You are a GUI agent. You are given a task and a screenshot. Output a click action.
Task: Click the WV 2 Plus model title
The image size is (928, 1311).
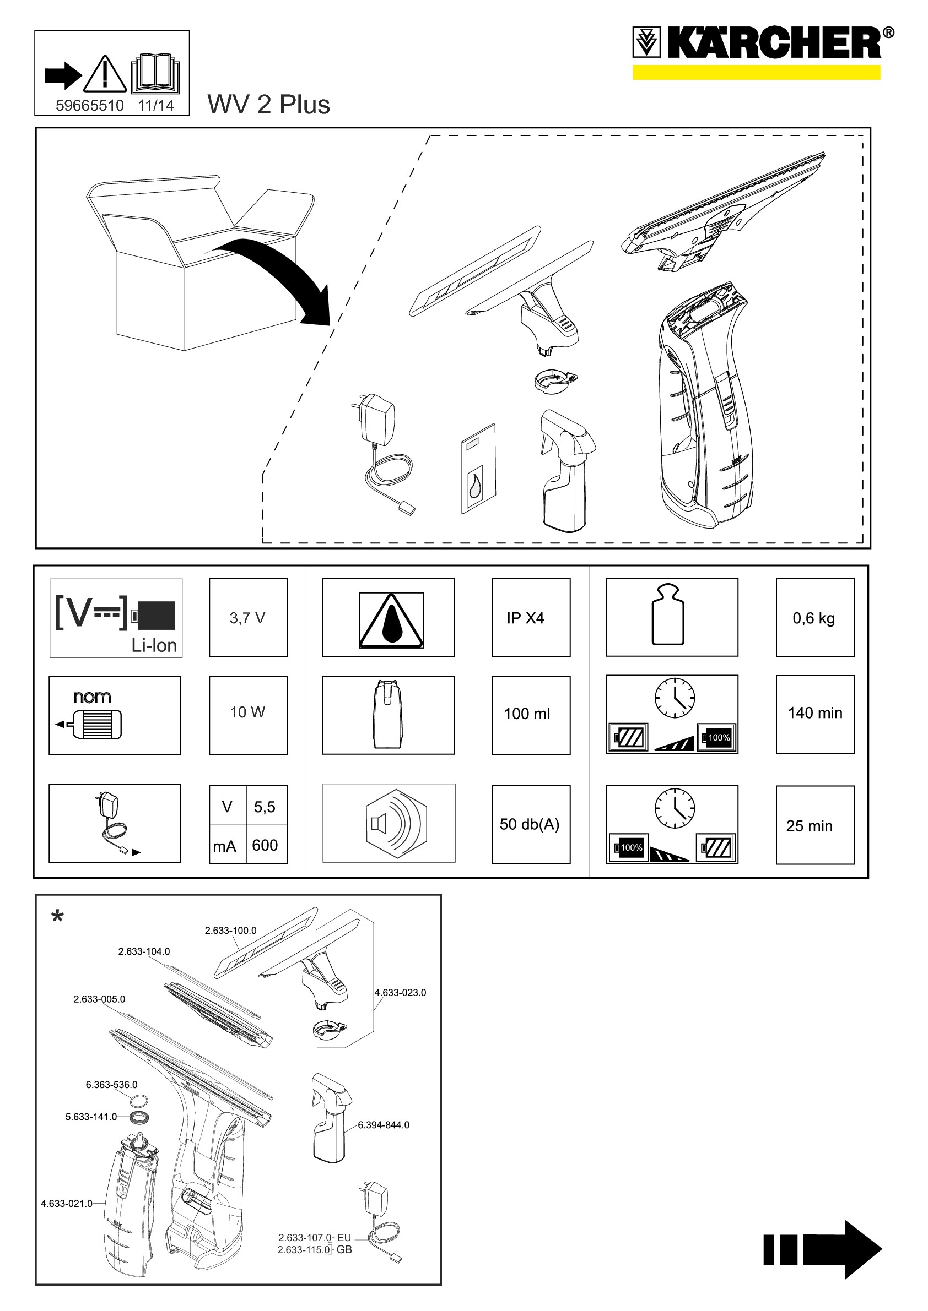coord(268,105)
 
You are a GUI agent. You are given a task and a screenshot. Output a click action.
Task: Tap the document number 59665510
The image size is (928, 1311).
coord(90,106)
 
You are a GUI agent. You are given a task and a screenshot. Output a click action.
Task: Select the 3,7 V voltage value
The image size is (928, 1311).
coord(247,618)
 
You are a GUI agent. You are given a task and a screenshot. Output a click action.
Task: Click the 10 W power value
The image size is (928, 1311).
coord(247,712)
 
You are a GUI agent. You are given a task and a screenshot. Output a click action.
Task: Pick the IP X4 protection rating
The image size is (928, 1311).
coord(525,618)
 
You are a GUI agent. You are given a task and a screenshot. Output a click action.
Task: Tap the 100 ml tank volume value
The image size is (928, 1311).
coord(527,714)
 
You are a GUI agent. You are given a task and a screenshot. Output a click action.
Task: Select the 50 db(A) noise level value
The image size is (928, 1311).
coord(530,824)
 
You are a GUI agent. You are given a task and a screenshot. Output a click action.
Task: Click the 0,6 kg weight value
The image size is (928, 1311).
coord(814,618)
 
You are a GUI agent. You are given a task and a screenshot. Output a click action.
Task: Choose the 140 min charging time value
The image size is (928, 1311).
coord(815,713)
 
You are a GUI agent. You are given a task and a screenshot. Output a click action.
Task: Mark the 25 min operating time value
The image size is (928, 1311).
coord(809,826)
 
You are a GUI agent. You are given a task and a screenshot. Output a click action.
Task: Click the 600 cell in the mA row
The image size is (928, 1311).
coord(265,845)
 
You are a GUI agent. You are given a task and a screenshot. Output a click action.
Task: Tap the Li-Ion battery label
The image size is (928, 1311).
coord(154,645)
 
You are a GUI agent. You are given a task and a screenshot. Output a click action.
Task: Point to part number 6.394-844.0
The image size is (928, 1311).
coord(384,1125)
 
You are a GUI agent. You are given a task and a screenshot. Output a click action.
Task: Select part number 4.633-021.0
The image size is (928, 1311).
coord(66,1204)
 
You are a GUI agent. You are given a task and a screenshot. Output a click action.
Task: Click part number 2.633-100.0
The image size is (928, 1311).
coord(231,930)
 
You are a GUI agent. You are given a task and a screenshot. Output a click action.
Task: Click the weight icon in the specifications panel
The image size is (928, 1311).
coord(668,614)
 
